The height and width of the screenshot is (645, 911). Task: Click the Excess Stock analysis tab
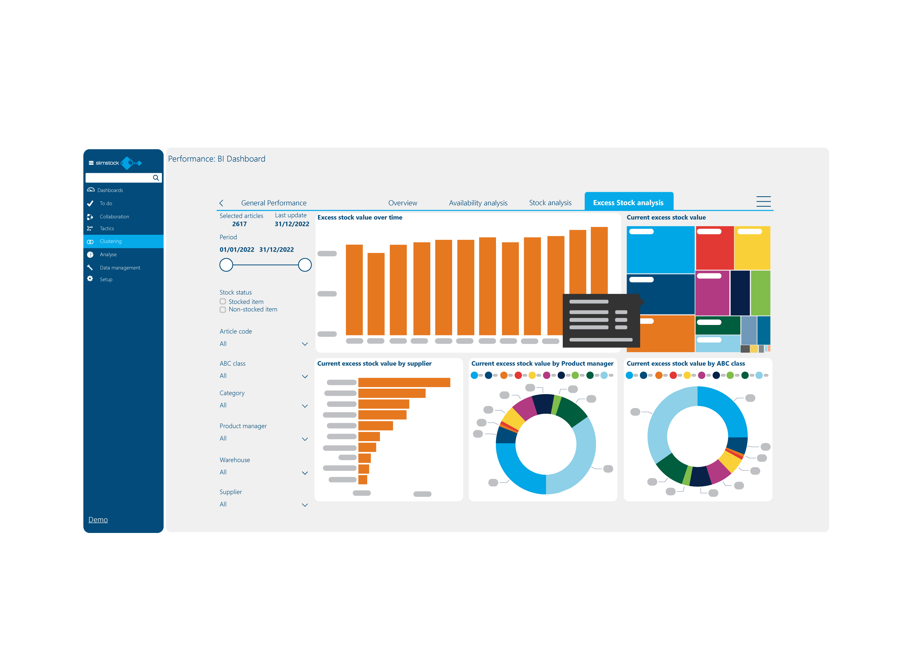click(x=628, y=203)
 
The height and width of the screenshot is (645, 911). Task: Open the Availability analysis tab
click(x=478, y=203)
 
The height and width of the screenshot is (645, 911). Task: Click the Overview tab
click(x=402, y=203)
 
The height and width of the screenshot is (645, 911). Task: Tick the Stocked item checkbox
click(x=223, y=302)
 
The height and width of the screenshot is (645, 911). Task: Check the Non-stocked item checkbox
click(x=223, y=309)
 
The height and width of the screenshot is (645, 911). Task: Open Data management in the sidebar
click(x=120, y=268)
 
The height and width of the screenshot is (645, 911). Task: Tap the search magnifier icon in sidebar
click(x=156, y=178)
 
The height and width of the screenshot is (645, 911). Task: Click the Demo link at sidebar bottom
click(x=98, y=519)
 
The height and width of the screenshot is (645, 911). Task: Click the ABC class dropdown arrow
click(x=305, y=376)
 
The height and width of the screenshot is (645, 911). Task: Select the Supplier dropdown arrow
click(x=305, y=505)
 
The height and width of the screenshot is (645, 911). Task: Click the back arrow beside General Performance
click(x=222, y=203)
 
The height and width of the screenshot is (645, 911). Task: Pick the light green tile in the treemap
click(x=760, y=293)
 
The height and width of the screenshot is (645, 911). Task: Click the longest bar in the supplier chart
click(x=404, y=382)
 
